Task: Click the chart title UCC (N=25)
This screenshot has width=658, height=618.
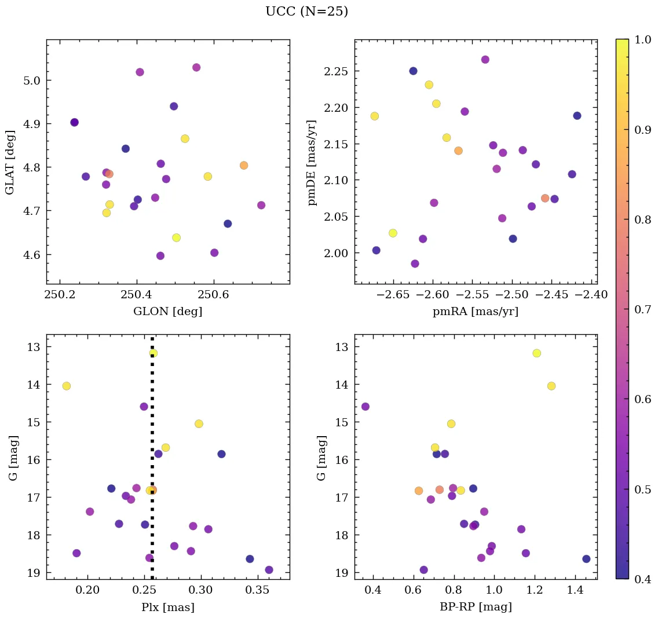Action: click(306, 12)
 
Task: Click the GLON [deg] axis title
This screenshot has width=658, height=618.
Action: click(167, 312)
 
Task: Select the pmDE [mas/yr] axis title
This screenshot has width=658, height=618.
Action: click(312, 162)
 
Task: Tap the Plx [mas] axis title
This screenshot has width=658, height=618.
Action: click(167, 607)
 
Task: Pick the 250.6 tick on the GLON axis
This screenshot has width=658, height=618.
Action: click(214, 295)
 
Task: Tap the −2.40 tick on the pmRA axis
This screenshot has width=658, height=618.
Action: click(591, 295)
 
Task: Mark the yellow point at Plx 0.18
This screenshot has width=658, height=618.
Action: click(67, 386)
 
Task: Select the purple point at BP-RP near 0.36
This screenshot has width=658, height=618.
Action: click(365, 407)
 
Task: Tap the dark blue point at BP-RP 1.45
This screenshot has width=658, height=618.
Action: click(586, 559)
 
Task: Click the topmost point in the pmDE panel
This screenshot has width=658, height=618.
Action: click(485, 60)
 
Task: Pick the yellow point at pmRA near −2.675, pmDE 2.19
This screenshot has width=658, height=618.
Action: click(375, 116)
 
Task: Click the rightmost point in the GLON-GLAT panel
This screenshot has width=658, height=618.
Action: click(261, 205)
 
